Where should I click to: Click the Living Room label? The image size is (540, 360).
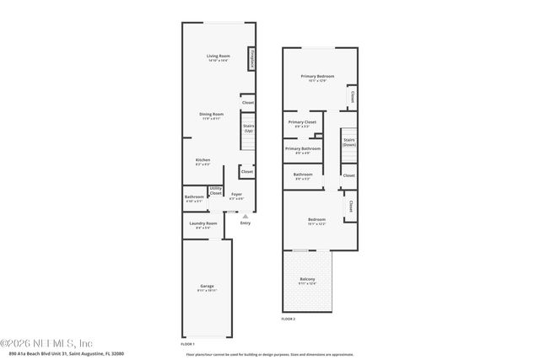tap(219, 56)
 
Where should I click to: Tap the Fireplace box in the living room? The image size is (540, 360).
tap(251, 60)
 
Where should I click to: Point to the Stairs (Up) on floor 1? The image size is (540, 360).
tap(248, 129)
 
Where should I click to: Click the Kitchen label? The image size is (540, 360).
tap(203, 160)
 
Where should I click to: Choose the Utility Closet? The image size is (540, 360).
tap(215, 191)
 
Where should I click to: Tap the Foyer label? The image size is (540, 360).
tap(237, 195)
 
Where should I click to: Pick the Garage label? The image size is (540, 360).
tap(207, 287)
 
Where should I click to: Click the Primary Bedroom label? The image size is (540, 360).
tap(317, 77)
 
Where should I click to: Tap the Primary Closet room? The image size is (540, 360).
tap(302, 123)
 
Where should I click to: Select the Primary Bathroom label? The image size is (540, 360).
tap(302, 149)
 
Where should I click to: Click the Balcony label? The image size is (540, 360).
tap(308, 280)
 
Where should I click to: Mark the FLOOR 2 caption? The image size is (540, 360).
tap(289, 320)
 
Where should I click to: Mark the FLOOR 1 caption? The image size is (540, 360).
tap(187, 344)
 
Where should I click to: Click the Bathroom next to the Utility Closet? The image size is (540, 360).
tap(194, 198)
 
